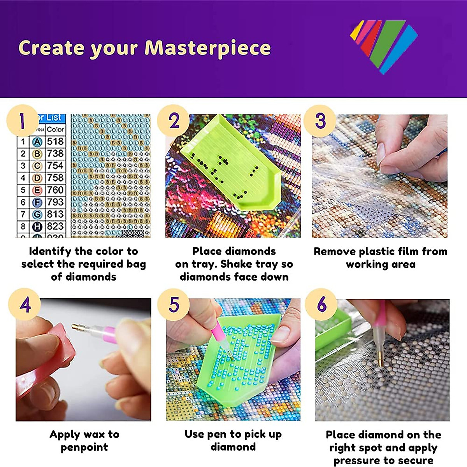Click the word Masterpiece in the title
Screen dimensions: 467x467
[207, 48]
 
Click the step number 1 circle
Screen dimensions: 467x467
[23, 121]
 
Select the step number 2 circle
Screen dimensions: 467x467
[174, 121]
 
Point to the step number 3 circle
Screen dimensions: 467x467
[320, 121]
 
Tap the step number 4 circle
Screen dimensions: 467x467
[25, 305]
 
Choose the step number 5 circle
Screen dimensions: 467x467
[174, 305]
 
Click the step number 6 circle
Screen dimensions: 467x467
[321, 305]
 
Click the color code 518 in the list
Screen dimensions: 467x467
[55, 141]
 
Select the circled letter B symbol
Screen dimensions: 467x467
[37, 154]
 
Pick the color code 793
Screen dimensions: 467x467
[55, 202]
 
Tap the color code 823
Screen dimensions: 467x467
[55, 226]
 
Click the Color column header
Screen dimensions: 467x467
[55, 129]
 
